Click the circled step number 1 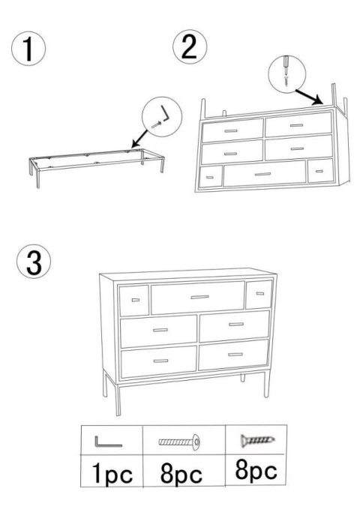pos(28,49)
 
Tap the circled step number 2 pos(190,46)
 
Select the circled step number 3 pos(34,262)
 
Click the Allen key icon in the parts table pos(108,442)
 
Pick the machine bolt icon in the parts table pos(179,442)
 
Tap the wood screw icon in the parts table pos(257,441)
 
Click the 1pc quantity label pos(112,474)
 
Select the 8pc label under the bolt pos(181,474)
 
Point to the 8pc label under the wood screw pos(256,470)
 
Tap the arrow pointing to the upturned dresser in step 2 pos(309,97)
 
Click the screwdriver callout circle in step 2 pos(287,74)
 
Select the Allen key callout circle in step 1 pos(162,116)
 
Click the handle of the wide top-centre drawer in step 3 pos(199,297)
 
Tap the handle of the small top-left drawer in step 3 pos(136,300)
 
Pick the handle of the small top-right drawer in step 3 pos(260,293)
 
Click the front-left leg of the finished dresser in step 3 pos(118,400)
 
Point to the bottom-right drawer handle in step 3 pos(235,355)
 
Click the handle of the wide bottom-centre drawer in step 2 pos(262,175)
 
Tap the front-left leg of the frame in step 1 pos(38,178)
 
